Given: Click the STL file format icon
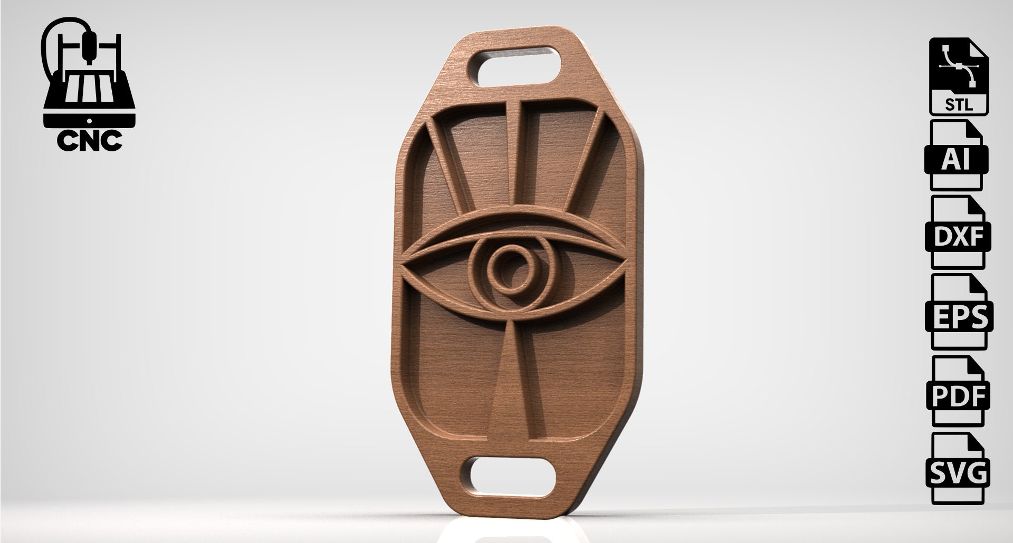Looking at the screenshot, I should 958,77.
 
